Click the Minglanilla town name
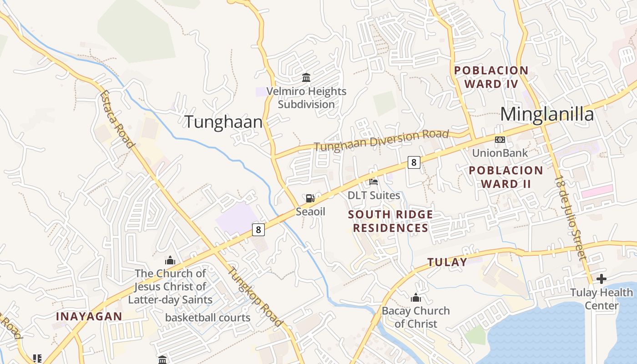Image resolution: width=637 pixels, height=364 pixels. click(547, 114)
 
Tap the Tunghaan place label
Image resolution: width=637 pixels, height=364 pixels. click(223, 122)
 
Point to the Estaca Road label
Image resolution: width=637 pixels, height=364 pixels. click(118, 119)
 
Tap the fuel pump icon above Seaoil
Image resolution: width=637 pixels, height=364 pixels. click(310, 198)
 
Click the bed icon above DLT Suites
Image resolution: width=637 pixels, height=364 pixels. click(374, 182)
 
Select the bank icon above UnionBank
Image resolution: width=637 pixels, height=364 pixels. click(500, 140)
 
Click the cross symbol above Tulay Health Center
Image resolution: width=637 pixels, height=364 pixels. click(602, 278)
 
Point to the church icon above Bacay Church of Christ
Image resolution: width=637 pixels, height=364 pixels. click(415, 298)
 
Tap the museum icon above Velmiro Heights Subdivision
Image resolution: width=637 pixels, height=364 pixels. click(306, 78)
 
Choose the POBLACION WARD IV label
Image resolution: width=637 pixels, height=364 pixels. click(491, 77)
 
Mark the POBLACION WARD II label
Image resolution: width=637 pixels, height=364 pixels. click(506, 177)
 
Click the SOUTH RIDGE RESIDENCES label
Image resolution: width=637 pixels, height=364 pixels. click(390, 221)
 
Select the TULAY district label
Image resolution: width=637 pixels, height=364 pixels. click(447, 262)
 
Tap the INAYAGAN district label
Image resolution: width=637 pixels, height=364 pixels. click(89, 316)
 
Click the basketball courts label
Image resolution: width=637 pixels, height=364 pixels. click(207, 318)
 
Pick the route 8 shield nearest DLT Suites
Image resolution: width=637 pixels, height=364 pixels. click(413, 162)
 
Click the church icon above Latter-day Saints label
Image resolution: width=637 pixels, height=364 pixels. click(170, 260)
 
